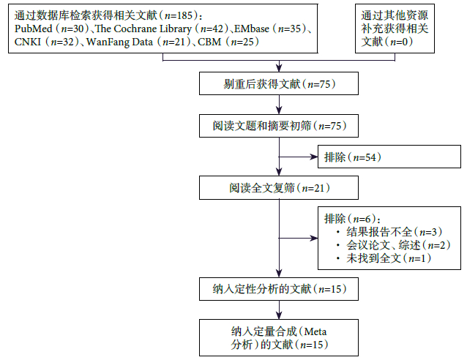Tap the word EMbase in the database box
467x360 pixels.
[252, 29]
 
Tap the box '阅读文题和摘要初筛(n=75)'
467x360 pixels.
[279, 126]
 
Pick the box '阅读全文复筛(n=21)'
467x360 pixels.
[279, 188]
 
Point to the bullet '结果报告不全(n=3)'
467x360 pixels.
[384, 233]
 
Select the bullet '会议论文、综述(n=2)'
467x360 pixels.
[384, 246]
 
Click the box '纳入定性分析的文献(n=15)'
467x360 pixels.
[279, 289]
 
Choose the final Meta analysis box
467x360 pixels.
[279, 336]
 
